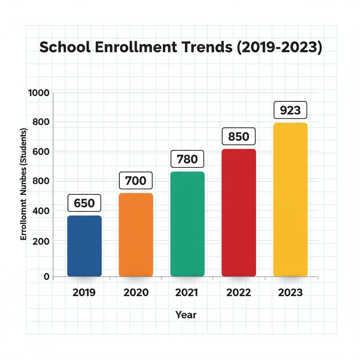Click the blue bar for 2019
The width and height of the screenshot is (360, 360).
[x=84, y=246]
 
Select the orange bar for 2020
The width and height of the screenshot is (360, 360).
[x=136, y=234]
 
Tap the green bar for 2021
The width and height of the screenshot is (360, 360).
[x=187, y=224]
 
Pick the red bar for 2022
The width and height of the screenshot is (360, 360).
[x=239, y=213]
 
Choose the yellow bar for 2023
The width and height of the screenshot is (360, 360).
[x=290, y=199]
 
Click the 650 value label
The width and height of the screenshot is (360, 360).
[x=84, y=203]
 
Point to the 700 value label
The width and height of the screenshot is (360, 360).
[x=136, y=181]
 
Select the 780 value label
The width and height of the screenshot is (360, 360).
[x=187, y=159]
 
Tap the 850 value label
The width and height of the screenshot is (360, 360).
[x=239, y=137]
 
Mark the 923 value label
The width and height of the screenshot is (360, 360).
[x=290, y=110]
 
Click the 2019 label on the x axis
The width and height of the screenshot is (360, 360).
[x=84, y=292]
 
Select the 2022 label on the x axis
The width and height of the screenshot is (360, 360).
[x=239, y=292]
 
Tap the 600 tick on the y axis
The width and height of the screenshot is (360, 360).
[x=41, y=152]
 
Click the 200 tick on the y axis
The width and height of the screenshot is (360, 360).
[x=41, y=242]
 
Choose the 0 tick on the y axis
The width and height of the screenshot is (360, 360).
[x=46, y=277]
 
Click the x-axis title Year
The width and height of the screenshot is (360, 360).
[x=186, y=315]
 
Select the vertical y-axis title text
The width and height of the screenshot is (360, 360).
[x=24, y=185]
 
